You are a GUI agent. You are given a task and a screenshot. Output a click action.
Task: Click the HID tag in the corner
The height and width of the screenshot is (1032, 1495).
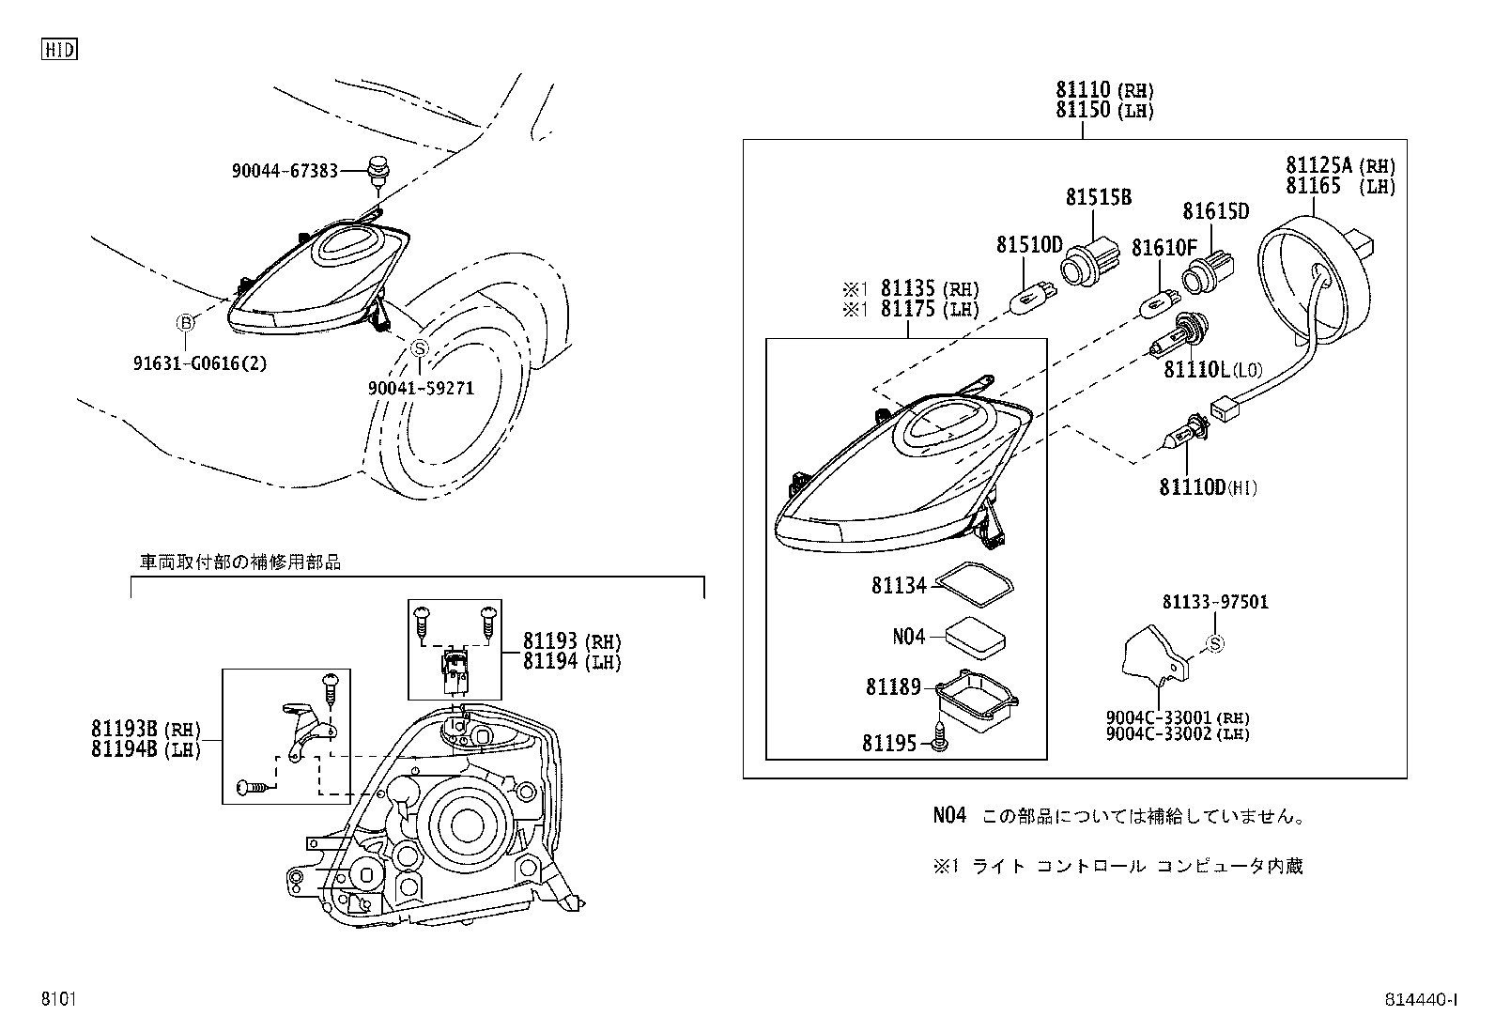click(x=59, y=50)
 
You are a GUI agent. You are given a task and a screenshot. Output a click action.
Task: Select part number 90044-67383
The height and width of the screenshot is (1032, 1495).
click(x=285, y=171)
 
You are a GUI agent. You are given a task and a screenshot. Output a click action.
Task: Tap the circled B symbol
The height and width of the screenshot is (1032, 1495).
click(x=186, y=323)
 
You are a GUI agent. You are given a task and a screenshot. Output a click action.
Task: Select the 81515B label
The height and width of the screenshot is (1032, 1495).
click(x=1098, y=197)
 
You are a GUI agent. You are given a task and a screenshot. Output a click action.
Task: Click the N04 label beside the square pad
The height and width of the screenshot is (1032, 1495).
click(x=908, y=637)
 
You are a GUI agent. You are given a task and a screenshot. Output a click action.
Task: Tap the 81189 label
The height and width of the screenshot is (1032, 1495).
click(x=892, y=687)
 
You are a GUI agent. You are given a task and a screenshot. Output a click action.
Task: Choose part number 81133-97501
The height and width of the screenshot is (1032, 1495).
click(x=1214, y=602)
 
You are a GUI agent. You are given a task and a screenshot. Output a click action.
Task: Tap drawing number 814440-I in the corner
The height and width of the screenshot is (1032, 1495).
click(x=1420, y=1000)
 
